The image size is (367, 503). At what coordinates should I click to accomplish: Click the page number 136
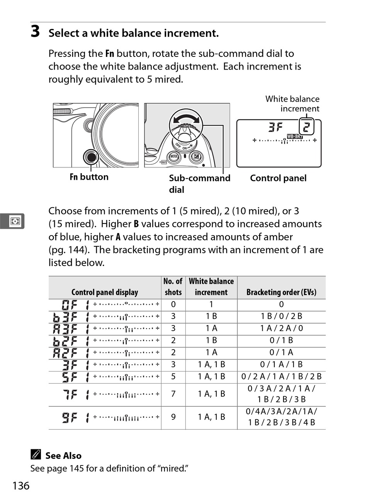click(x=21, y=486)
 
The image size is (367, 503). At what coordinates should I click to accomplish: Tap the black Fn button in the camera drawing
click(x=91, y=157)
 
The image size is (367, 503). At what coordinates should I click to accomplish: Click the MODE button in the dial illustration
click(x=174, y=157)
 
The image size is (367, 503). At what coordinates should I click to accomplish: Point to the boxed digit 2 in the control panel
click(x=306, y=127)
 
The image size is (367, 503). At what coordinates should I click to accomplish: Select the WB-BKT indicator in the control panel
click(x=295, y=136)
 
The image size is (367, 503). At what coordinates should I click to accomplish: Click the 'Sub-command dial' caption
click(x=199, y=184)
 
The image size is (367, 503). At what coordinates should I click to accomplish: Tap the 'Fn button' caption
click(x=89, y=177)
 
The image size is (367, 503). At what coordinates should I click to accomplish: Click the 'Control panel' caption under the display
click(x=278, y=178)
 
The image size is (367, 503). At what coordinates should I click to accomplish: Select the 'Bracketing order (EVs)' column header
click(x=281, y=292)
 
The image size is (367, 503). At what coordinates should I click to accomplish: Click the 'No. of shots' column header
click(x=173, y=287)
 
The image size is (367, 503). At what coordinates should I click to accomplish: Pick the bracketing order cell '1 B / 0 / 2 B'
click(x=281, y=316)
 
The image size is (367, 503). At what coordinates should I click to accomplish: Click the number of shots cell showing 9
click(x=173, y=417)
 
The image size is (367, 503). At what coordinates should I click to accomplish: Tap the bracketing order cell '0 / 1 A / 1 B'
click(x=281, y=364)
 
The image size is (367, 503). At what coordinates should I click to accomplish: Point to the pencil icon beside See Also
click(x=36, y=455)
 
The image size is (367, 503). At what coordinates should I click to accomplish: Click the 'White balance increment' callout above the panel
click(x=292, y=104)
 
